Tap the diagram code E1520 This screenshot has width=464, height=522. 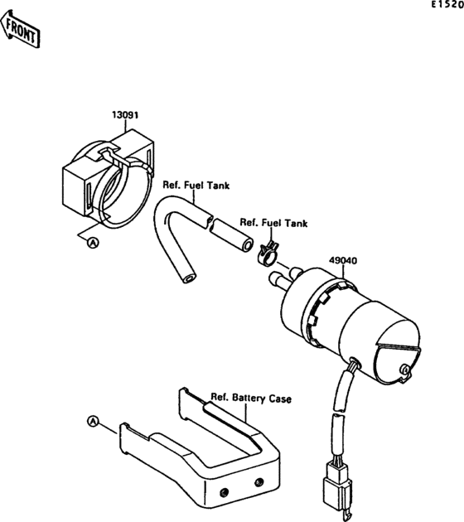click(x=445, y=6)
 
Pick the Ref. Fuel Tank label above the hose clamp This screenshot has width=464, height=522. click(x=273, y=223)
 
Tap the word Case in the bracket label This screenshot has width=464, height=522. click(x=280, y=399)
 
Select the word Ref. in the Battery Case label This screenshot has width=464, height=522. click(x=220, y=397)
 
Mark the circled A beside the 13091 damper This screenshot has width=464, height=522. click(x=93, y=242)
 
